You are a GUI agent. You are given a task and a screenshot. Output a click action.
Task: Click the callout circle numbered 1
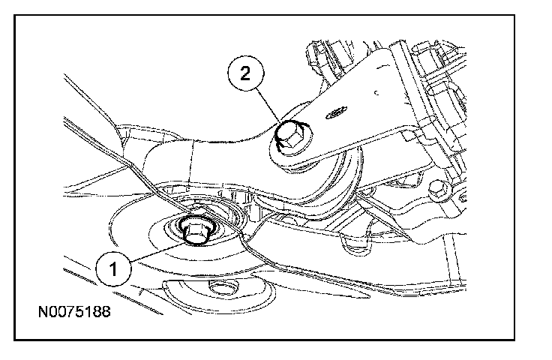tap(113, 269)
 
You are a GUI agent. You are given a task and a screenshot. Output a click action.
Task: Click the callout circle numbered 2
tap(245, 73)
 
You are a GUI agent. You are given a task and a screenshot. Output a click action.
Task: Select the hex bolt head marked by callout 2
tap(290, 136)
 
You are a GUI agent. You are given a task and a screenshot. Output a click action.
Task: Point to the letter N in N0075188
tap(43, 311)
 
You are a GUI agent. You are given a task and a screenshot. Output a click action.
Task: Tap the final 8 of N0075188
tap(105, 311)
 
